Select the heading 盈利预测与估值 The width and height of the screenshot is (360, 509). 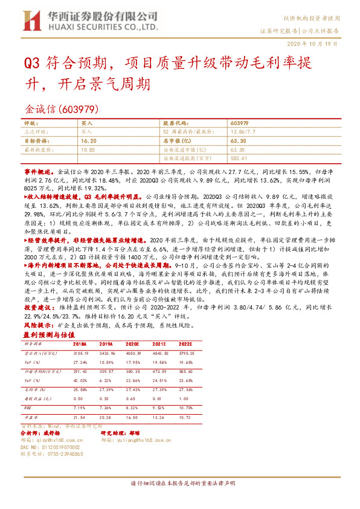coord(45,334)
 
